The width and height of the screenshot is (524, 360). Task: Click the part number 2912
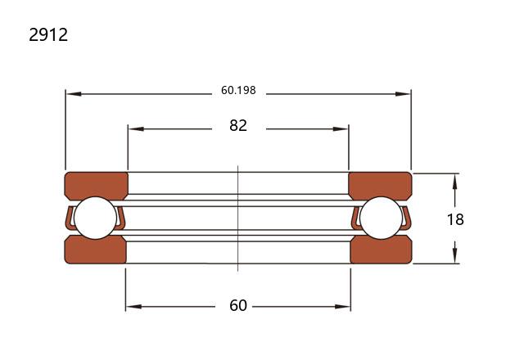click(x=48, y=34)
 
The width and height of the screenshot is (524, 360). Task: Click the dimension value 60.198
click(x=238, y=90)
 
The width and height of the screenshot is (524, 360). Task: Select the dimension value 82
click(x=238, y=125)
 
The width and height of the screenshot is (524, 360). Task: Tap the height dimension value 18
click(x=455, y=219)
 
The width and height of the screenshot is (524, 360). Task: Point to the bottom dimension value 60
click(x=238, y=305)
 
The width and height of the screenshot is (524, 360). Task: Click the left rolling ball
click(x=95, y=218)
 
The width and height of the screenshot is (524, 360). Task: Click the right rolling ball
click(x=382, y=218)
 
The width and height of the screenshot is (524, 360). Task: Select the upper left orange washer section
click(x=97, y=186)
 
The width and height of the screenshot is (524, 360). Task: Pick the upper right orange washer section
click(x=380, y=186)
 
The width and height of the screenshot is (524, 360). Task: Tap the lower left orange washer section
click(x=96, y=250)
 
